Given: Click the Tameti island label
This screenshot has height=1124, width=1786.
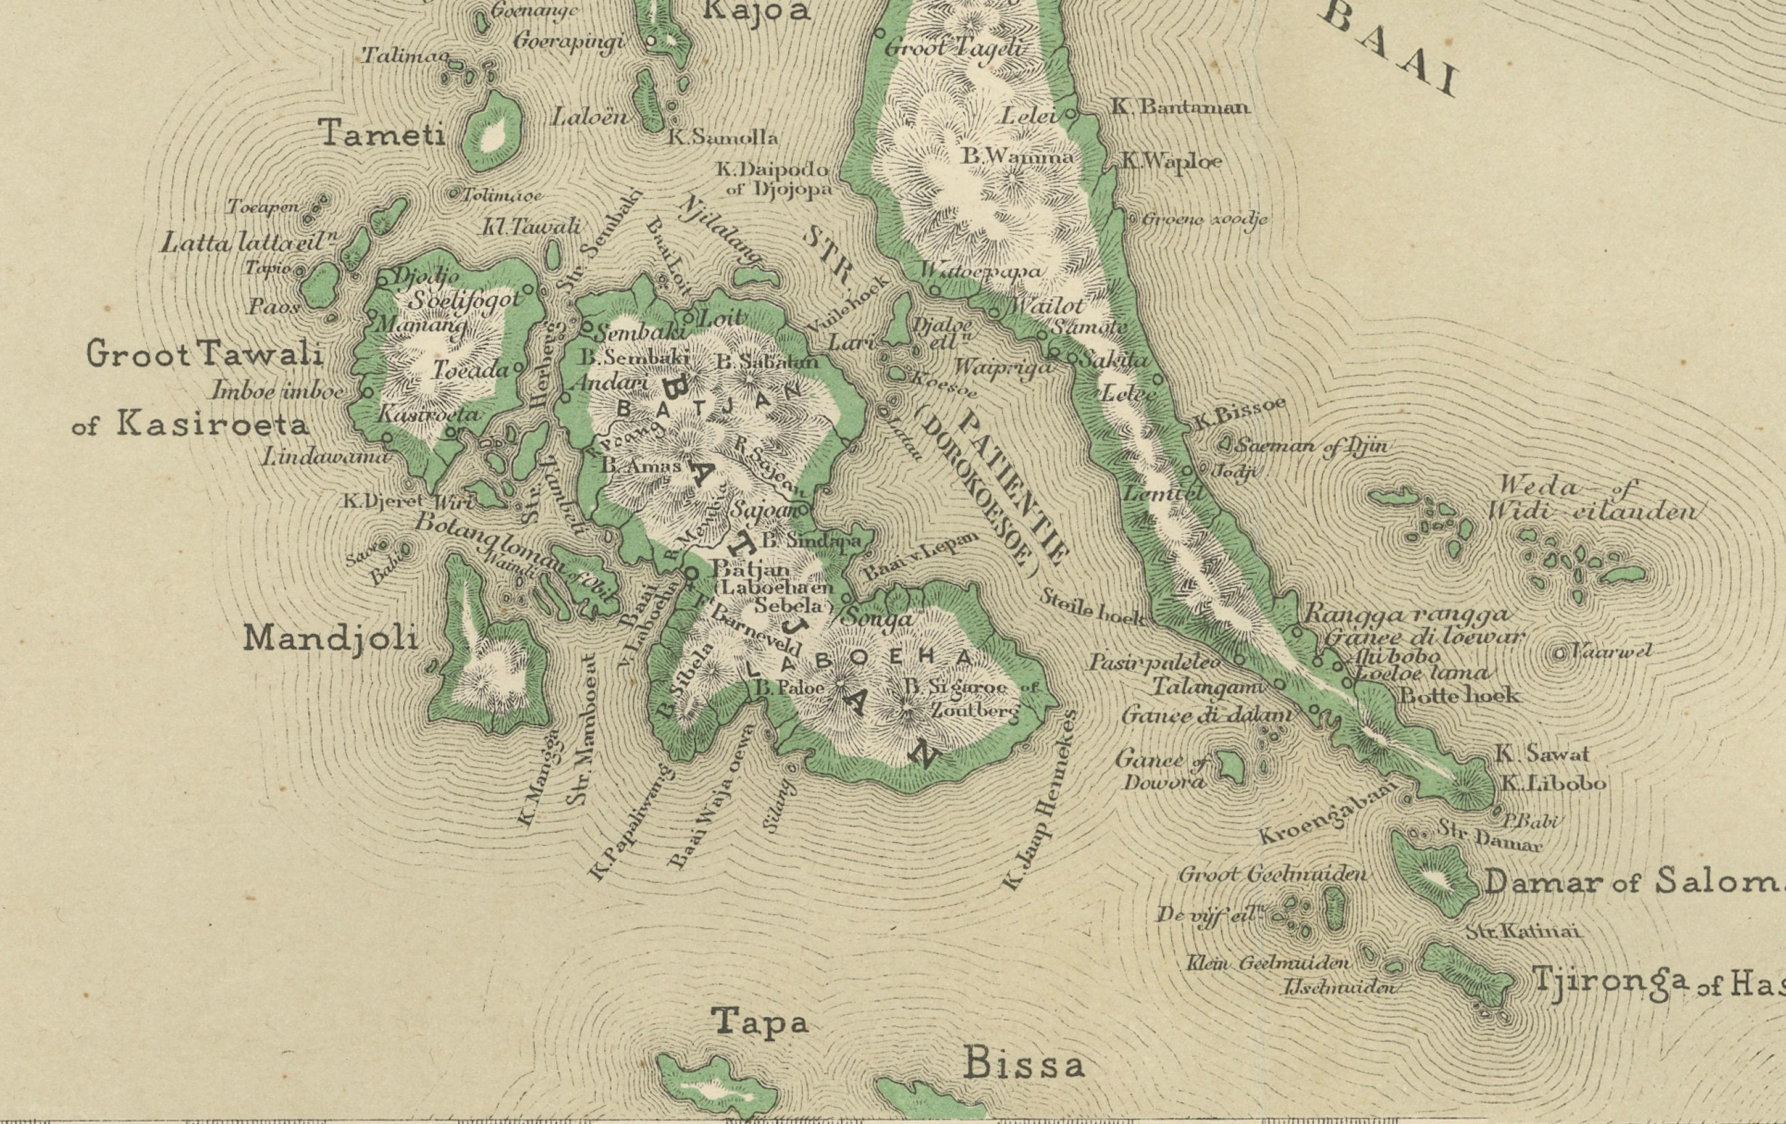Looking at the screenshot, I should click(x=384, y=134).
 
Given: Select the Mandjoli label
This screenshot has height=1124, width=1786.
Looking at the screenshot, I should click(x=331, y=638).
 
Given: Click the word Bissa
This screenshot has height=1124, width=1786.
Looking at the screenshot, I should click(x=1024, y=1065).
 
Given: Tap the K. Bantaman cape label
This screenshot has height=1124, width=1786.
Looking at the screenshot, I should click(x=1180, y=107).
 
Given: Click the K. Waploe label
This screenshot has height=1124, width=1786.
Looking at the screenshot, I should click(x=1171, y=160).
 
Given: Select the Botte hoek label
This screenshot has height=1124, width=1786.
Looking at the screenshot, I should click(x=1458, y=696).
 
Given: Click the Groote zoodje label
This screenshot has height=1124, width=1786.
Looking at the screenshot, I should click(x=1204, y=219).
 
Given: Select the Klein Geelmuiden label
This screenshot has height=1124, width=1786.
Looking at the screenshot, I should click(x=1267, y=963).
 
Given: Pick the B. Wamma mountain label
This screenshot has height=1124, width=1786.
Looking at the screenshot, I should click(x=1017, y=157).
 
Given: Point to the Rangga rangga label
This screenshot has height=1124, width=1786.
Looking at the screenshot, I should click(x=1406, y=614).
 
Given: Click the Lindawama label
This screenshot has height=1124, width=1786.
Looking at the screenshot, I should click(x=324, y=458).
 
